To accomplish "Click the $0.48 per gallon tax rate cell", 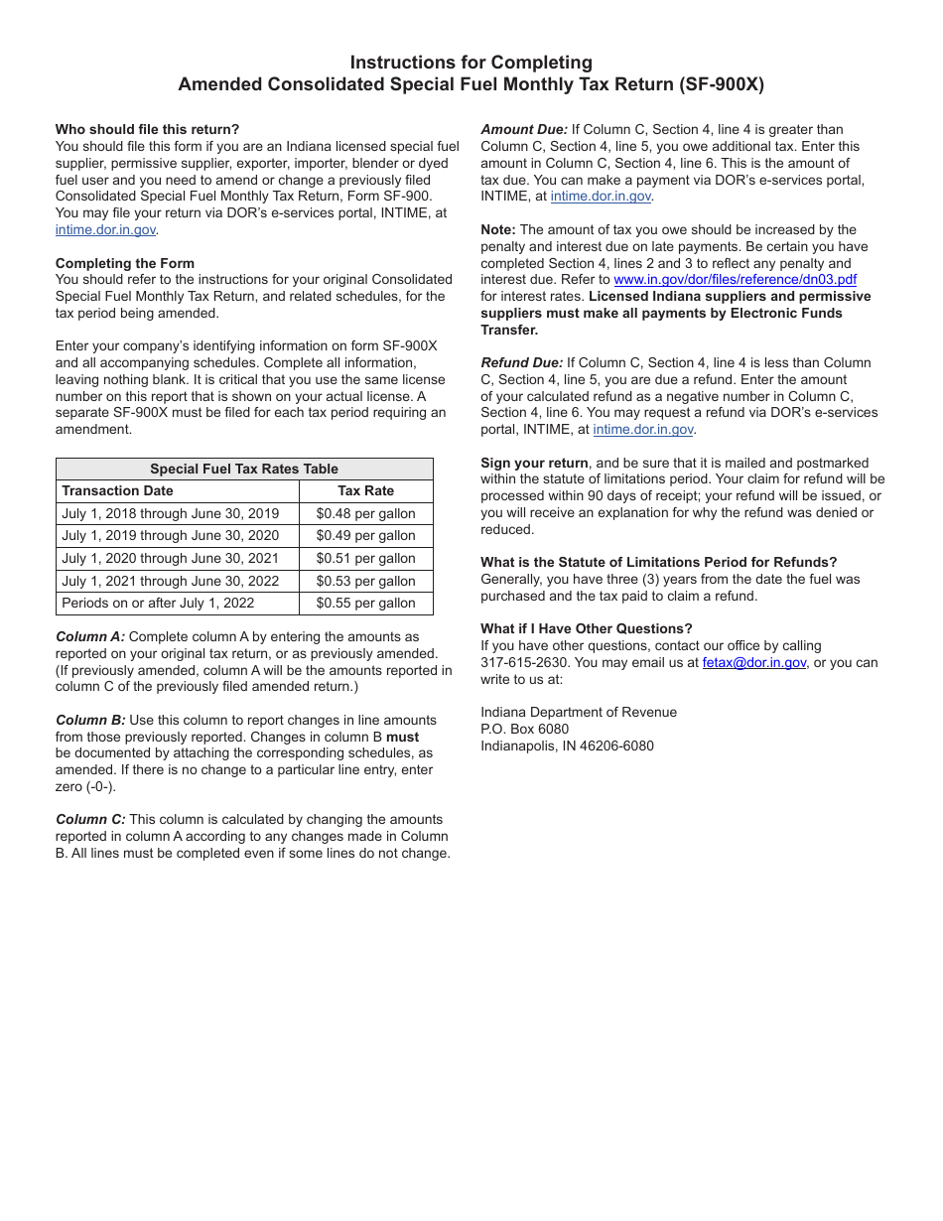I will [x=365, y=513].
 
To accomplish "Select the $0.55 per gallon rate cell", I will [x=365, y=603].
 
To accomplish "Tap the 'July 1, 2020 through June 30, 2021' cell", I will [x=171, y=558].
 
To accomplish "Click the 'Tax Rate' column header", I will [x=365, y=490].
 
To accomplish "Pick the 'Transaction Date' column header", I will [x=117, y=490].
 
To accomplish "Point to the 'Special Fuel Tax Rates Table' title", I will [x=244, y=469].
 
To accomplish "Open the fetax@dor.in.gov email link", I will [x=754, y=663].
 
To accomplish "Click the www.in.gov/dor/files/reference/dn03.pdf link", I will [x=735, y=280].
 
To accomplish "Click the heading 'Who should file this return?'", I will [x=147, y=129].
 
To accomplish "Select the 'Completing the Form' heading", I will [x=125, y=263].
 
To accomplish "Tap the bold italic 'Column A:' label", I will [x=90, y=636].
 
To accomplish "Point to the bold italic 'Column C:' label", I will [x=90, y=819].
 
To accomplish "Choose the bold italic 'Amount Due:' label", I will [x=524, y=129].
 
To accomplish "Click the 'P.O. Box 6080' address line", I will [x=525, y=729].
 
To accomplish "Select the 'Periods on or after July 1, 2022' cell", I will [x=158, y=603].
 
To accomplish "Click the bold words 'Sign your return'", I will [x=534, y=463].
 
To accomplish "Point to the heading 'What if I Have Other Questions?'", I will [x=587, y=628].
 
